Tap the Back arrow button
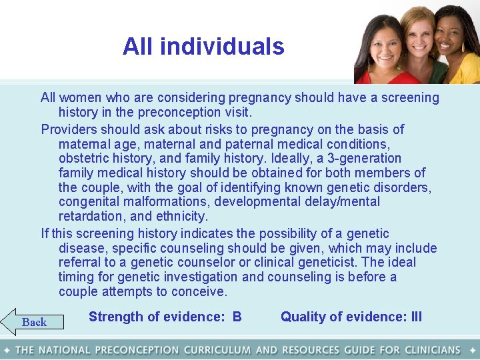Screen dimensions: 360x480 click(33, 322)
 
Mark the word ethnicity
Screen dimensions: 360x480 click(182, 217)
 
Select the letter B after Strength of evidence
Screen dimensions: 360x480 click(237, 317)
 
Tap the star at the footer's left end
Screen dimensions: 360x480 click(6, 350)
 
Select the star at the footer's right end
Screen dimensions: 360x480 click(473, 350)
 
